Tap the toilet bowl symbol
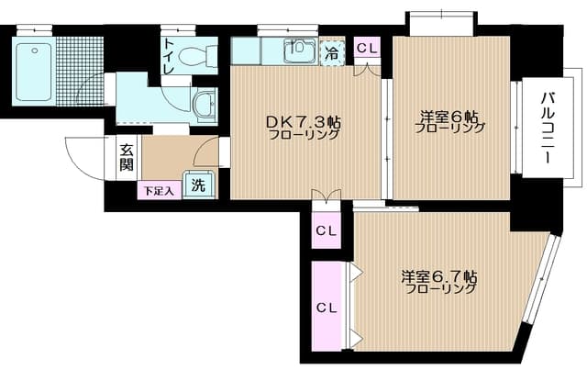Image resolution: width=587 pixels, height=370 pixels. pyautogui.click(x=194, y=55)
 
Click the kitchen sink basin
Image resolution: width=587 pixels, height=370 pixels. pyautogui.click(x=298, y=51)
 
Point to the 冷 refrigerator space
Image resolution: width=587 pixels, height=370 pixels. pyautogui.click(x=333, y=53)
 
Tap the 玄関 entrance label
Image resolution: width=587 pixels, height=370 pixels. pyautogui.click(x=126, y=158)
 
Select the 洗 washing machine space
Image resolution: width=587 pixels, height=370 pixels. pyautogui.click(x=198, y=184)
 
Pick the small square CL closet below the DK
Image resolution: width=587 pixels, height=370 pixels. pyautogui.click(x=326, y=230)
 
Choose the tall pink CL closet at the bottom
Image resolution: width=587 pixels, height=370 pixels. pyautogui.click(x=326, y=306)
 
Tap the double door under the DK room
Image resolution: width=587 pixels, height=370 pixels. pyautogui.click(x=326, y=195)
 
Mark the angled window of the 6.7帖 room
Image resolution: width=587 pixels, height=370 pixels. pyautogui.click(x=543, y=280)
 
